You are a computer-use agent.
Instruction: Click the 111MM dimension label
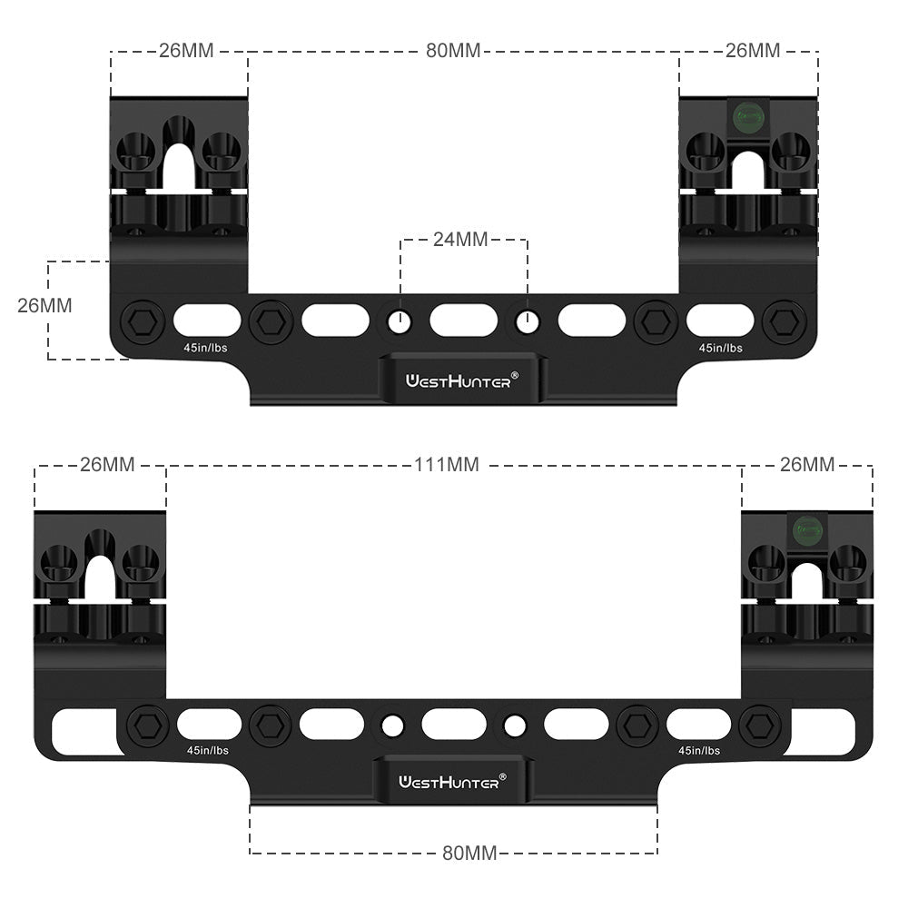point(446,465)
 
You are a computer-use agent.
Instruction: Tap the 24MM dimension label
point(460,240)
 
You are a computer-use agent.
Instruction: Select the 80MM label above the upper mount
point(453,51)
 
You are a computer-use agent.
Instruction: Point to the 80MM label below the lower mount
point(469,853)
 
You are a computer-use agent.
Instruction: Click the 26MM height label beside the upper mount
point(44,305)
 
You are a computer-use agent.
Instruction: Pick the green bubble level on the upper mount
point(748,115)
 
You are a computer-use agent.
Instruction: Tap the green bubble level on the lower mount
point(807,527)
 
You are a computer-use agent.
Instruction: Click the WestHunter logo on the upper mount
point(462,380)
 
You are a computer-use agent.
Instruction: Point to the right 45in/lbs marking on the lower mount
point(698,751)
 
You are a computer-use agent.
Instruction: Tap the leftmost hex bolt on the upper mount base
point(143,321)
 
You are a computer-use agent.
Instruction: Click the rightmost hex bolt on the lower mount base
point(761,725)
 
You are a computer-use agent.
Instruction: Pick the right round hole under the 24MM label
point(527,320)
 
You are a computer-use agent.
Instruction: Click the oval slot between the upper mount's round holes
point(463,320)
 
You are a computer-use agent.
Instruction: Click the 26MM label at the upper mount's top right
point(752,51)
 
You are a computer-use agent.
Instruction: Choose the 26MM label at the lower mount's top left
point(107,465)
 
